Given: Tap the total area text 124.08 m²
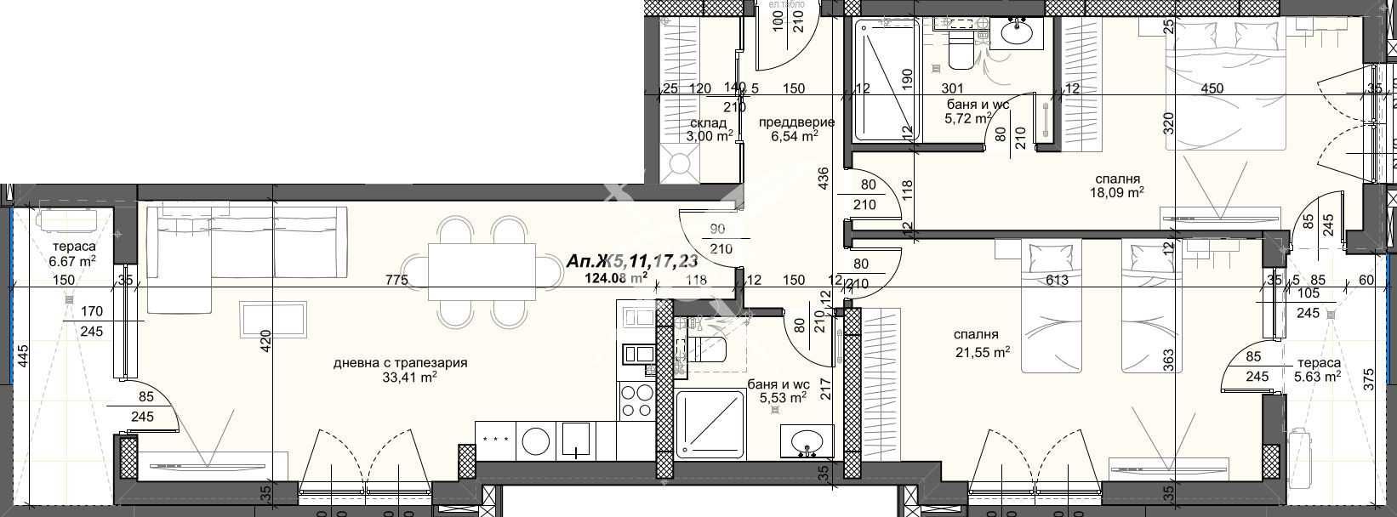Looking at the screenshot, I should tap(616, 276).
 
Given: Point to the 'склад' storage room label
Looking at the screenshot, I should tap(708, 122).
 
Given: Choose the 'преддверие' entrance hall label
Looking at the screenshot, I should tap(796, 122).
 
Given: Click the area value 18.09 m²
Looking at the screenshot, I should tap(1118, 192).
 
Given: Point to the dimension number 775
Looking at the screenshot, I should tap(396, 280).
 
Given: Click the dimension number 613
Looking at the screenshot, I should tap(1058, 280).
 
